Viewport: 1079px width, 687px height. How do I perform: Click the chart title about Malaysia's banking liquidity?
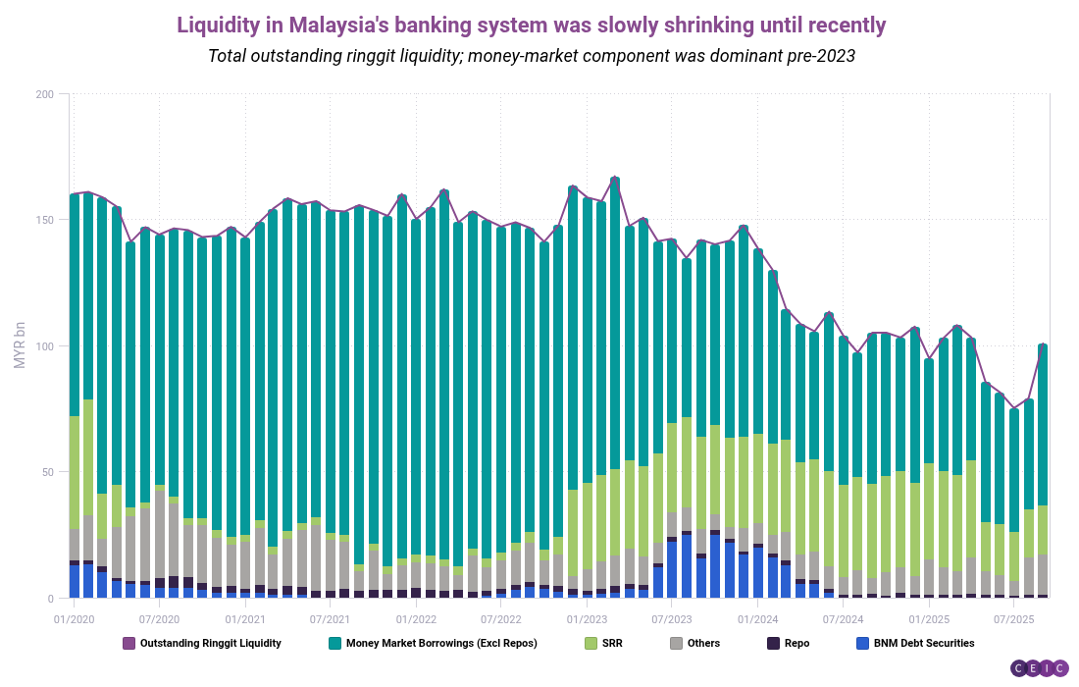(531, 25)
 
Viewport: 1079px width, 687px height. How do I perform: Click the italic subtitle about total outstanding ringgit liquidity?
(531, 56)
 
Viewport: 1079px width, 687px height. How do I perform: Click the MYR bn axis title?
(20, 345)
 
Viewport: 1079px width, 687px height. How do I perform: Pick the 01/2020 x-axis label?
(74, 620)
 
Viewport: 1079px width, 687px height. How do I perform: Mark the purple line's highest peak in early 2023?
(615, 179)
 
